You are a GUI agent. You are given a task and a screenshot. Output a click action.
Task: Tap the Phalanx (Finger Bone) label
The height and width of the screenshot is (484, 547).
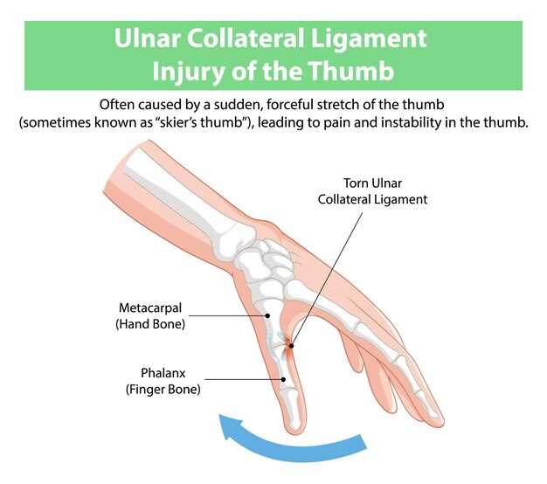(163, 380)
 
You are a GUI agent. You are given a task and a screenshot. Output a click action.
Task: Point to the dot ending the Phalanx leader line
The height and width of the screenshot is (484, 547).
(283, 379)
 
